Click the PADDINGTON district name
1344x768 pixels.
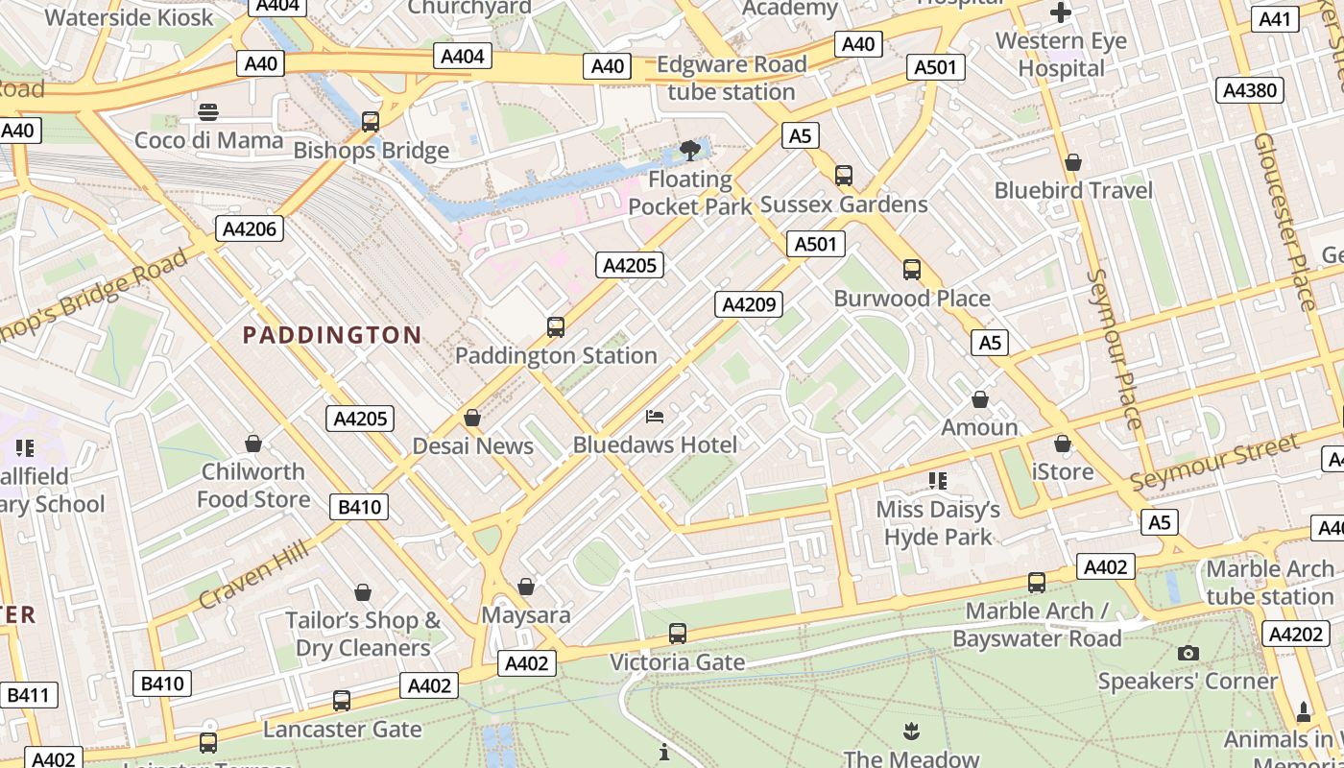coord(332,335)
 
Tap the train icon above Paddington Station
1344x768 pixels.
coord(555,327)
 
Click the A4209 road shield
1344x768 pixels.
coord(749,305)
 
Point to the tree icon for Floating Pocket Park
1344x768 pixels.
coord(689,150)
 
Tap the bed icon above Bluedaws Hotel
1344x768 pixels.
coord(655,417)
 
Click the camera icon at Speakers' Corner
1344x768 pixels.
coord(1188,654)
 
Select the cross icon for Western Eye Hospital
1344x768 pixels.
coord(1061,12)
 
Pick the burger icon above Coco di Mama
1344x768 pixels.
coord(208,111)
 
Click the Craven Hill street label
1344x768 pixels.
coord(253,574)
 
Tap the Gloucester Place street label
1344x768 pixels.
coord(1284,221)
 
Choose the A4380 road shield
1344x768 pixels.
coord(1250,90)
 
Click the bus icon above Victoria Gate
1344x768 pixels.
coord(678,634)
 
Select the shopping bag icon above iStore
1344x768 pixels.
coord(1062,444)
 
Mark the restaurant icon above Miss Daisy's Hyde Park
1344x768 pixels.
coord(938,480)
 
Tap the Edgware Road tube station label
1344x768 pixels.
coord(732,79)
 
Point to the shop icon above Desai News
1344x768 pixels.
coord(471,418)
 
